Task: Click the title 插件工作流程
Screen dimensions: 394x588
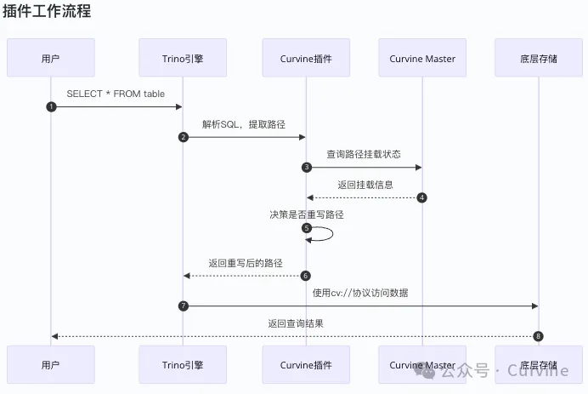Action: click(47, 11)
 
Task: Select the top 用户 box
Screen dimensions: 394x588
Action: click(50, 59)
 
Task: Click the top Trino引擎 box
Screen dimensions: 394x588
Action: click(183, 59)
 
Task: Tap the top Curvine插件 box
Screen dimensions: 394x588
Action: click(306, 59)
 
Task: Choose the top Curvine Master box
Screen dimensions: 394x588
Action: click(422, 59)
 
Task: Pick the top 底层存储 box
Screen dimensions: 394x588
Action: click(537, 59)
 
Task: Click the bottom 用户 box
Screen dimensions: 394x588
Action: click(50, 365)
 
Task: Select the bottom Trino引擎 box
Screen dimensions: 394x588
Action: click(183, 365)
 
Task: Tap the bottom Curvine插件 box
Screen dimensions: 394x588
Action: click(306, 365)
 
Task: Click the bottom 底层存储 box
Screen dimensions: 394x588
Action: click(537, 365)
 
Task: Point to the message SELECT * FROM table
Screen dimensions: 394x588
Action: click(116, 93)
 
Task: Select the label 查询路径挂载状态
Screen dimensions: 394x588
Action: click(364, 154)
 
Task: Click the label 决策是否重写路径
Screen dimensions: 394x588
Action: click(307, 214)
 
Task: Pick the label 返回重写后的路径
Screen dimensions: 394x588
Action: click(245, 263)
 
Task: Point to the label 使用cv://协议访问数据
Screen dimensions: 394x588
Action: click(360, 293)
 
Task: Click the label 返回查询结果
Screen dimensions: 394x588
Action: click(295, 323)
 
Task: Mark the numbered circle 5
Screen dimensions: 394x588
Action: click(306, 228)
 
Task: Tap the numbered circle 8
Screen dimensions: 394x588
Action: click(538, 336)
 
